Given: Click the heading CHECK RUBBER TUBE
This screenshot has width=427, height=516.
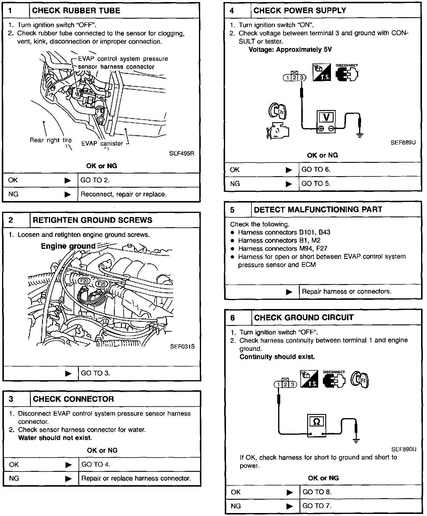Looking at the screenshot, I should (x=76, y=11).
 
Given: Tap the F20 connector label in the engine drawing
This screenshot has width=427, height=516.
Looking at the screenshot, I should (x=84, y=281).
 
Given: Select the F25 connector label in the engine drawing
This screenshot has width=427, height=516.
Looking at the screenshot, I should (x=101, y=284).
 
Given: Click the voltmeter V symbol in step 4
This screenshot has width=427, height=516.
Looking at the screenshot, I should (x=326, y=117).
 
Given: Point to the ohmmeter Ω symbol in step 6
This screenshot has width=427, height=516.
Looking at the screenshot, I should (x=316, y=421).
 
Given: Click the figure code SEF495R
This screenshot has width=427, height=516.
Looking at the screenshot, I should (x=181, y=154).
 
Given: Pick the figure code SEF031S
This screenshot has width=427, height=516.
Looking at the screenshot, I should (x=182, y=346).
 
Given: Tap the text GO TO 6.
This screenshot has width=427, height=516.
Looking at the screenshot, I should (x=316, y=170).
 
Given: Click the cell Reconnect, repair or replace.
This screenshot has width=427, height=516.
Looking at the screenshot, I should (x=123, y=194).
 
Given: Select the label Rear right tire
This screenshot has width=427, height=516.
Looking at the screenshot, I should (x=50, y=140).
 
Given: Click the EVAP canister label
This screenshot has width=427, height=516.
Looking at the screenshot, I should (x=102, y=144).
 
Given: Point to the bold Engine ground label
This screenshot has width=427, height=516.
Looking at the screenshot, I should (x=68, y=246).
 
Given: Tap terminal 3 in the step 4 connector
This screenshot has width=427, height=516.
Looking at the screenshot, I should (x=302, y=78).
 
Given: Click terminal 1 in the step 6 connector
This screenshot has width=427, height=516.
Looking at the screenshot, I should (x=278, y=385).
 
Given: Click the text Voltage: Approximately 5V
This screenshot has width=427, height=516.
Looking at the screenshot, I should (x=290, y=50).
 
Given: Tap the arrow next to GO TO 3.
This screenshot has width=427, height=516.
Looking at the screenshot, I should (x=68, y=373).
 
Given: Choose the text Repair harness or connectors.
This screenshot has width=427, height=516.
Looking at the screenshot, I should (x=346, y=292).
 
